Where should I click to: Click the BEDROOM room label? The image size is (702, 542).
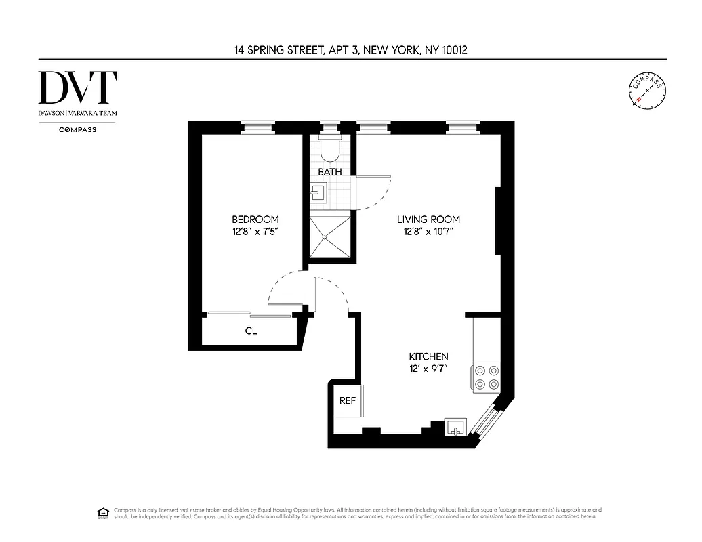pyautogui.click(x=255, y=220)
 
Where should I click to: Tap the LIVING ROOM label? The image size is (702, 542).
pyautogui.click(x=428, y=220)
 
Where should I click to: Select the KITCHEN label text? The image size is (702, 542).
pyautogui.click(x=428, y=356)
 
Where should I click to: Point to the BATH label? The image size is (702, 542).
pyautogui.click(x=330, y=172)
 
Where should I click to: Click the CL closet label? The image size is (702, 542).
pyautogui.click(x=251, y=332)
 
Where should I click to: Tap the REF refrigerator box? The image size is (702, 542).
pyautogui.click(x=347, y=400)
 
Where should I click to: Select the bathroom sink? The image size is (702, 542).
pyautogui.click(x=319, y=194)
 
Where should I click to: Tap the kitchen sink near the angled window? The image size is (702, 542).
pyautogui.click(x=455, y=427)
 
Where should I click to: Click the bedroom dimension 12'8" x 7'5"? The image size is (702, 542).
pyautogui.click(x=255, y=232)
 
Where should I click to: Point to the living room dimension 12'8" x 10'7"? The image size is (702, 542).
pyautogui.click(x=428, y=232)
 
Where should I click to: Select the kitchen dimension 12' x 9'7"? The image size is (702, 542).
pyautogui.click(x=428, y=369)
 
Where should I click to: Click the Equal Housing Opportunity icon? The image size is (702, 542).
pyautogui.click(x=104, y=512)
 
